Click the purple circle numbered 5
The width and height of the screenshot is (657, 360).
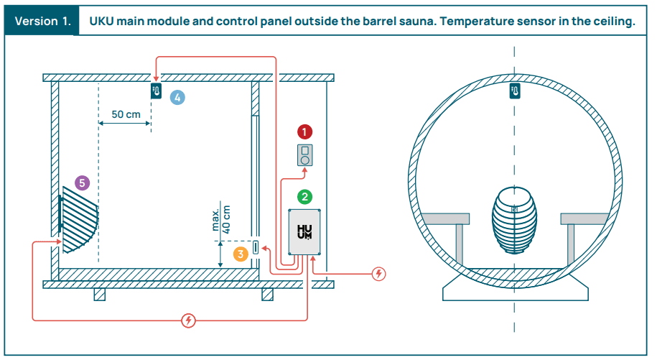(82, 183)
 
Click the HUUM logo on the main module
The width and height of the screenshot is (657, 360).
(305, 232)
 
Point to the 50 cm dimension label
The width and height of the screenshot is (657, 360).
(126, 114)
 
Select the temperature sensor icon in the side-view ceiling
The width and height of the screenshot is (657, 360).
(156, 91)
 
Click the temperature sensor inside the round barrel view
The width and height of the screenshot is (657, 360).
(514, 91)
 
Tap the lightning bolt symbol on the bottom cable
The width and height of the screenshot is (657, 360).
(188, 320)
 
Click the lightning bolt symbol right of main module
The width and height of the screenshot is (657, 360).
(379, 274)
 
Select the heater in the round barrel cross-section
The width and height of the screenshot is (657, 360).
(514, 220)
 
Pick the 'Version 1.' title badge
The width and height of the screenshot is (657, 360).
(42, 21)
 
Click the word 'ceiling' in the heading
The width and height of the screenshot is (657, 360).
(612, 21)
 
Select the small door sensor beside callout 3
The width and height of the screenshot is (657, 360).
(255, 248)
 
